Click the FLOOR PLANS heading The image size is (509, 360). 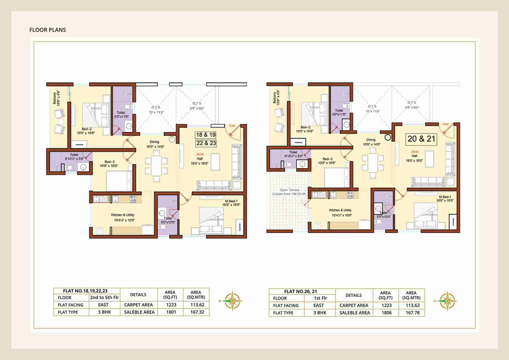[48, 30]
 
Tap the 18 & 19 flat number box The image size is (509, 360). [206, 135]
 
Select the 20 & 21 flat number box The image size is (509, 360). [421, 139]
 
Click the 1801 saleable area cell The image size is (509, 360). [171, 312]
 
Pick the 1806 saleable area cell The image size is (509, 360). [386, 313]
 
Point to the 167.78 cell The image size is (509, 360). [412, 313]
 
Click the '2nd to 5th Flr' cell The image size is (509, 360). [104, 297]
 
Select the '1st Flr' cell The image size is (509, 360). [320, 298]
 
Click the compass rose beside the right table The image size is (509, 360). [447, 301]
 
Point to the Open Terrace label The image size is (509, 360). [289, 192]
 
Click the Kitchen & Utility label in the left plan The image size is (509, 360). [123, 215]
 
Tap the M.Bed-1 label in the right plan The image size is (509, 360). [445, 198]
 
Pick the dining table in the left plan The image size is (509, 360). [156, 166]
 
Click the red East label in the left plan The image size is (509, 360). [232, 126]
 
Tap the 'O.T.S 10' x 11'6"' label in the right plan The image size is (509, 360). [372, 109]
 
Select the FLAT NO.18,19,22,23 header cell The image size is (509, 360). [85, 291]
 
